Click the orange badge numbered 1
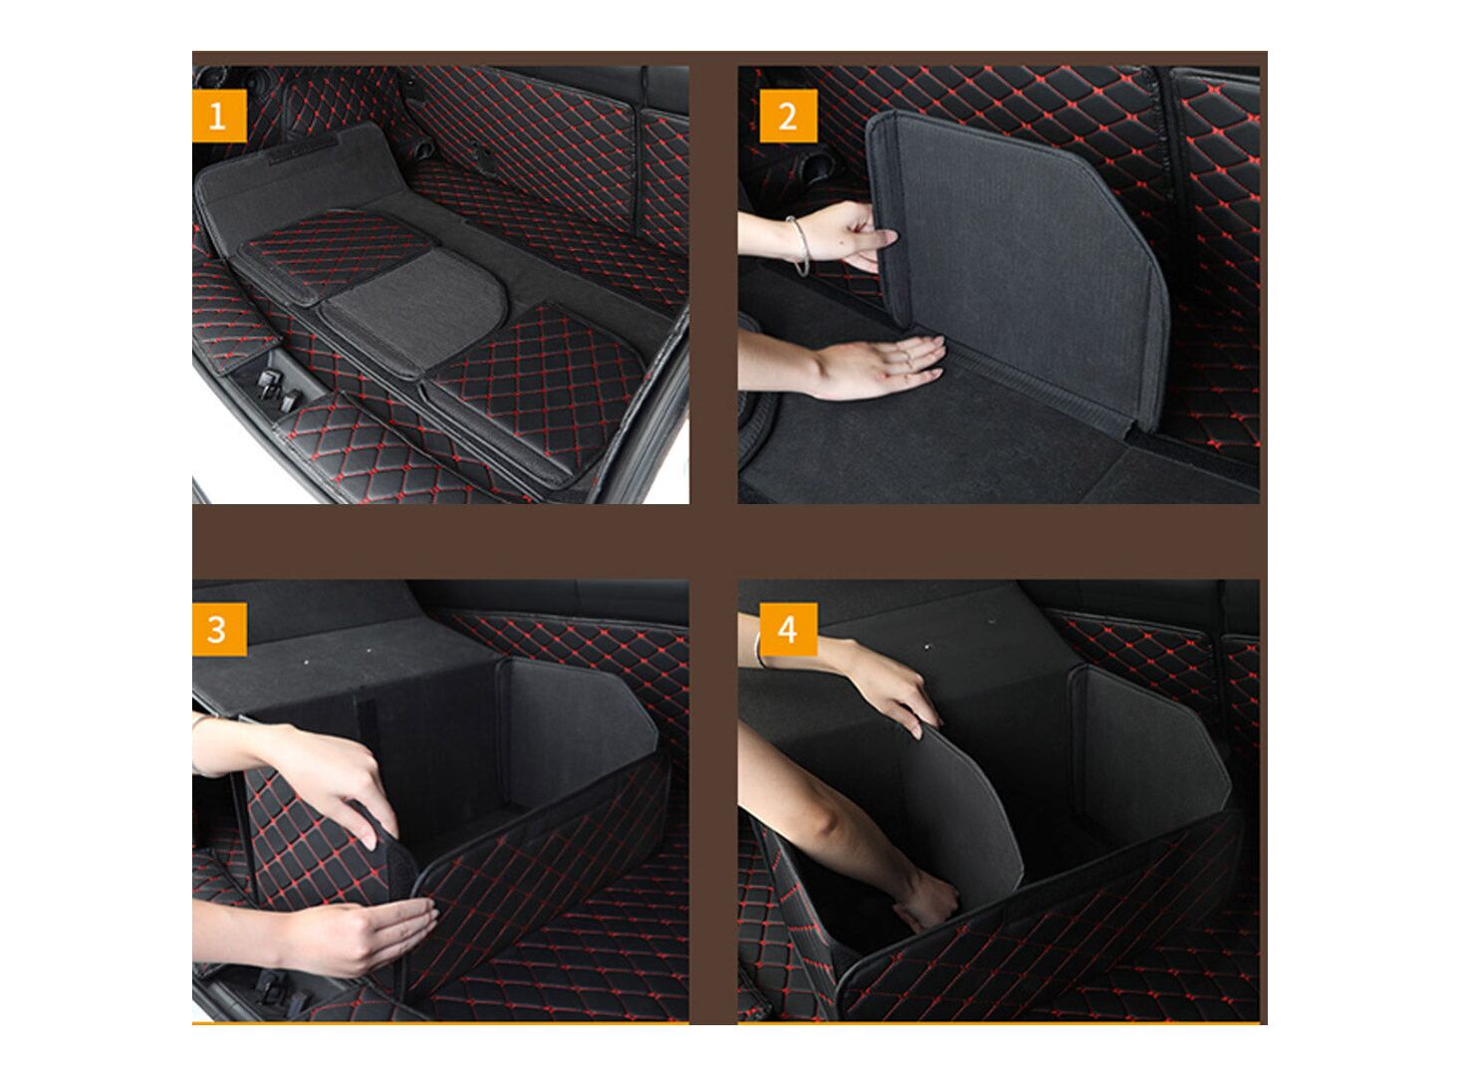pos(220,117)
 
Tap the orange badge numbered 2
pos(788,117)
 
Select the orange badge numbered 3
pos(220,630)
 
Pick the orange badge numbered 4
pos(788,630)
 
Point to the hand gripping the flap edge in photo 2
pos(853,236)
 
